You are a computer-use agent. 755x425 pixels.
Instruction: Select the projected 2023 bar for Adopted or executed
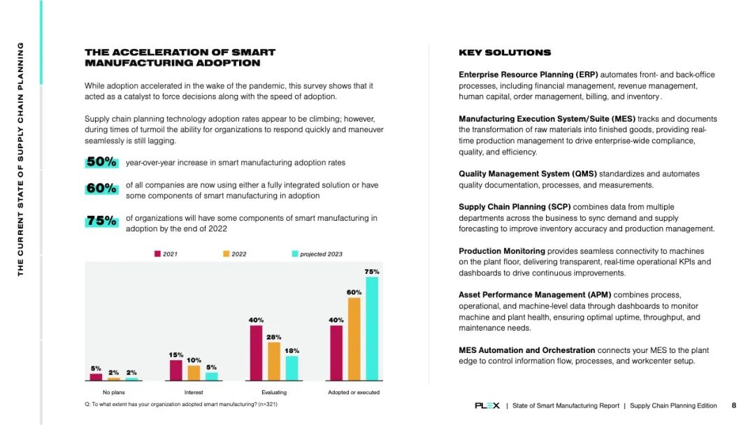pos(372,329)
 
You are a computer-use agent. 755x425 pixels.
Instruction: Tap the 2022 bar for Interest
pos(194,373)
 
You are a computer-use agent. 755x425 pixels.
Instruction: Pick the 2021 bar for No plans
pos(96,377)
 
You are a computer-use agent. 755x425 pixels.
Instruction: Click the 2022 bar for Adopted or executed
pos(354,339)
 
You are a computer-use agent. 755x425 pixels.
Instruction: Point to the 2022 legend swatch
pos(226,254)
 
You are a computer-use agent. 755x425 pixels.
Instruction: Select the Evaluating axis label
pos(274,392)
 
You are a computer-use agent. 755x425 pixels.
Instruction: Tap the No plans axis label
pos(113,392)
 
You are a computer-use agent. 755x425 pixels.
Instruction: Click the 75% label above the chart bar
pos(372,271)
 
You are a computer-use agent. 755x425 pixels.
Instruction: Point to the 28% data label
pos(274,337)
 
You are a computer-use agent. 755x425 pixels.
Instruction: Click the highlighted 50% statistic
pos(101,162)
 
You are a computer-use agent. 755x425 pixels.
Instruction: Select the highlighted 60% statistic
pos(101,189)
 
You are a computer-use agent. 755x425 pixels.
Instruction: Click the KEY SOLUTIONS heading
pos(505,52)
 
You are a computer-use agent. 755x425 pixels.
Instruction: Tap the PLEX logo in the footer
pos(487,405)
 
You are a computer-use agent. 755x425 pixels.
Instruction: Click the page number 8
pos(734,405)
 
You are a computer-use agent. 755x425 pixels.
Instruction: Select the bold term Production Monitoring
pos(502,251)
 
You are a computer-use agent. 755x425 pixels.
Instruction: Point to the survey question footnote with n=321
pos(181,405)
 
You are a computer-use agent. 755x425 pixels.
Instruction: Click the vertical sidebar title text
pos(21,159)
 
